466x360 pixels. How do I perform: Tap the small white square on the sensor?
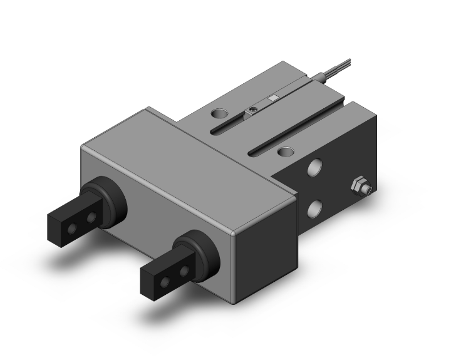point(272,98)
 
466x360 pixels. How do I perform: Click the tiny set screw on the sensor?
point(251,111)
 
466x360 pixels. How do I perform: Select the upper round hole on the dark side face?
point(317,168)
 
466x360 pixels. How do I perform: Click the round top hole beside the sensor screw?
point(220,114)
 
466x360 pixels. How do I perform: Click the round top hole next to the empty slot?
point(286,151)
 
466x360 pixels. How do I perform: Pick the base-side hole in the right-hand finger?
point(184,271)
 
